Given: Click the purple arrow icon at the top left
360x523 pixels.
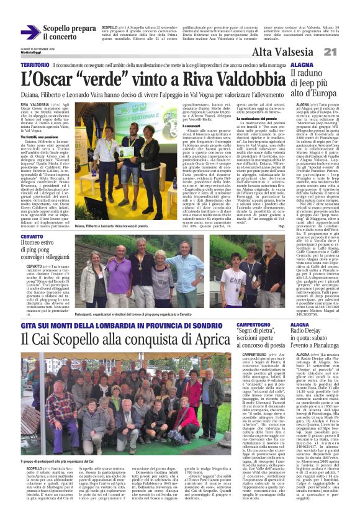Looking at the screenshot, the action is pyautogui.click(x=29, y=32).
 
